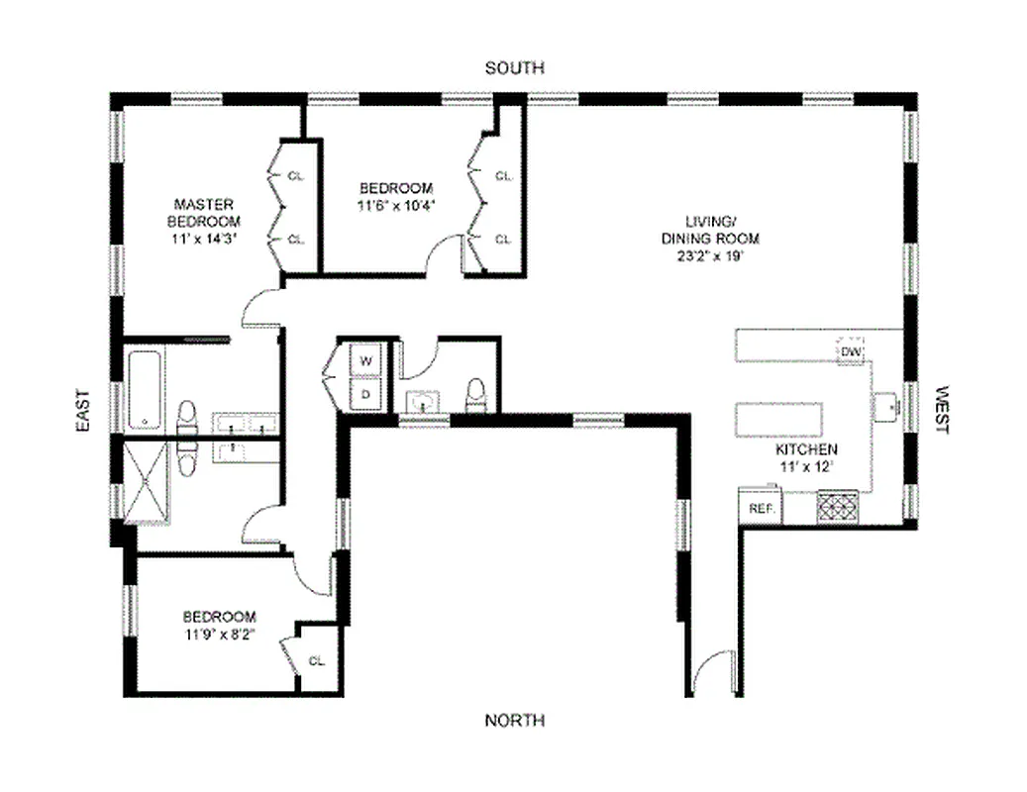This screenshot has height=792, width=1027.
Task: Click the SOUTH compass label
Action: (514, 68)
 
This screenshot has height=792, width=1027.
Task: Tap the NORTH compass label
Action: (514, 720)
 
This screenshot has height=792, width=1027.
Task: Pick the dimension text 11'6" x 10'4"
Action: (396, 206)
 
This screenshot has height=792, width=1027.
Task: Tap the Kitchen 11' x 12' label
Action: (805, 456)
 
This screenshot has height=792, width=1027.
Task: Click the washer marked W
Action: (365, 361)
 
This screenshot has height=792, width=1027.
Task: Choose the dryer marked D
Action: (365, 393)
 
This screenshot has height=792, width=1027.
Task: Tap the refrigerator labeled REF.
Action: (760, 507)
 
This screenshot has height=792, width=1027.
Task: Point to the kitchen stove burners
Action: (837, 508)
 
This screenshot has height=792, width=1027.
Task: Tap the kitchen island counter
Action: (779, 419)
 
